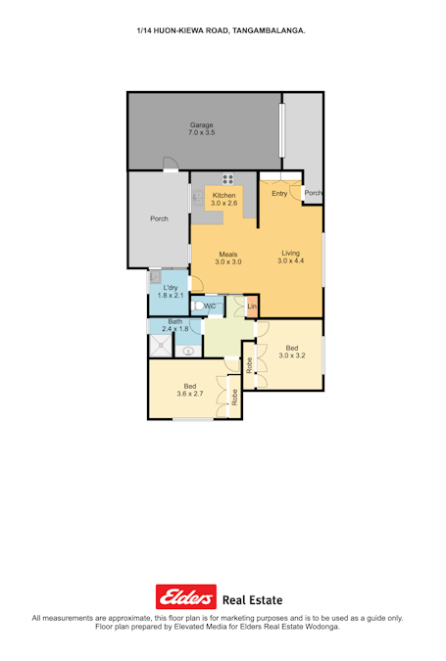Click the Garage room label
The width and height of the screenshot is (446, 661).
(x=201, y=125)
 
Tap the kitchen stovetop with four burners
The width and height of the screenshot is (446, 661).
(x=228, y=179)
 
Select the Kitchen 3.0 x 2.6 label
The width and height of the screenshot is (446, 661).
(x=224, y=199)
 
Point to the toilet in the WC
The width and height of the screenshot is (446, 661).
(x=198, y=306)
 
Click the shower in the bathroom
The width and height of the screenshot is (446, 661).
(x=161, y=346)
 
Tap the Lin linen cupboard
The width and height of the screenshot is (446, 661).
(x=252, y=306)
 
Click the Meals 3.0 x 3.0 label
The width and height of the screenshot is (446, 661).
(x=228, y=258)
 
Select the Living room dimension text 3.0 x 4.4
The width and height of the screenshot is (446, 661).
(x=291, y=260)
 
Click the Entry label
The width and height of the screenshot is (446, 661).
(x=279, y=193)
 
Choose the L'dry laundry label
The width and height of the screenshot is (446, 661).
(x=171, y=288)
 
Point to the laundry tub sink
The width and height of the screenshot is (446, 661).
(x=155, y=277)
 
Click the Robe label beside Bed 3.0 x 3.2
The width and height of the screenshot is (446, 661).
(x=249, y=365)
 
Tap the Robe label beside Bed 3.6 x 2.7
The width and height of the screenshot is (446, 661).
(x=234, y=398)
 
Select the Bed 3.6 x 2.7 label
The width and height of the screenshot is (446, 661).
(x=190, y=390)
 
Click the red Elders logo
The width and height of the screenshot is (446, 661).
(x=186, y=596)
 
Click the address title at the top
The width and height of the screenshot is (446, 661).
(x=222, y=30)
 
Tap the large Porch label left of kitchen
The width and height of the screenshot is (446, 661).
(x=159, y=218)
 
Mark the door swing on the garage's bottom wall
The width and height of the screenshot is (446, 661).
(x=171, y=164)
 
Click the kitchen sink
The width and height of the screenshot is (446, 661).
(x=197, y=197)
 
